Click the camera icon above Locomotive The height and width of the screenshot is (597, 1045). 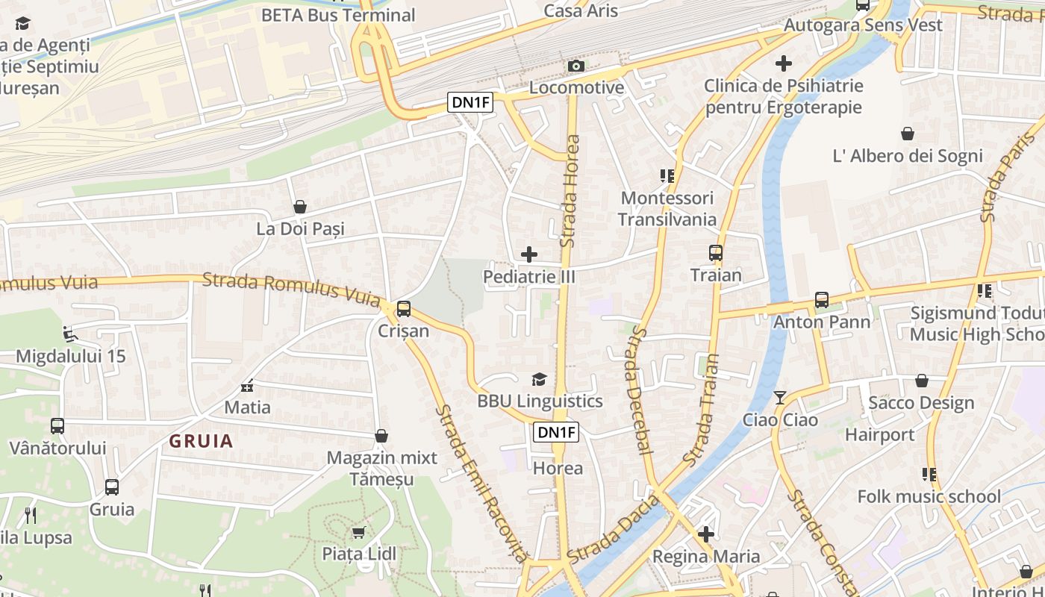click(575, 66)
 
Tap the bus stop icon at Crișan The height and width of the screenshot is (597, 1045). click(404, 308)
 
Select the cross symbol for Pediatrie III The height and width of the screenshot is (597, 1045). click(529, 254)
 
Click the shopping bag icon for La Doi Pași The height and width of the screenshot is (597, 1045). click(300, 207)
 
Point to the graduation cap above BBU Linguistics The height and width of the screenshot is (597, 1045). click(540, 380)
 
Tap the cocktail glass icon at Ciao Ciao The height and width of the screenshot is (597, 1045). click(780, 398)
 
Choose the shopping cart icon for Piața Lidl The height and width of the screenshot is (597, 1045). click(358, 532)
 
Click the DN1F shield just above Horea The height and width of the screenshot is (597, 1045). click(557, 432)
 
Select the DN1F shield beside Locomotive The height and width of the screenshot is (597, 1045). click(471, 103)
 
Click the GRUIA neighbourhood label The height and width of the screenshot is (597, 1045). click(201, 441)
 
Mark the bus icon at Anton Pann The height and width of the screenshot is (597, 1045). click(822, 300)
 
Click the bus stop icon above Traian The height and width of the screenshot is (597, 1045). click(716, 253)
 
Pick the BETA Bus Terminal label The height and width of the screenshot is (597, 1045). click(337, 15)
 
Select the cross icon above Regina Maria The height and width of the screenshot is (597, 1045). click(706, 534)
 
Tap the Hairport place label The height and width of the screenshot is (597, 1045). click(879, 434)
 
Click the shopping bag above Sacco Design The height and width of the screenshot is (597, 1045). click(922, 381)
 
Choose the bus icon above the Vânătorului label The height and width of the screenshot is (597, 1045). click(57, 426)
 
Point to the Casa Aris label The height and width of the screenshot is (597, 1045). click(581, 10)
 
